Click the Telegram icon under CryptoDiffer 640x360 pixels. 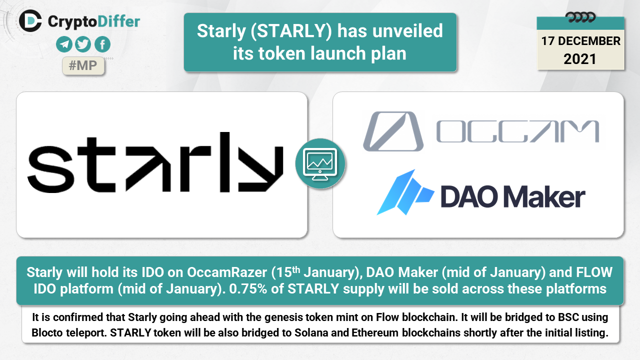(x=64, y=44)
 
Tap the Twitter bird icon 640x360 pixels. (x=83, y=44)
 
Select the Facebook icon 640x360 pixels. (x=102, y=44)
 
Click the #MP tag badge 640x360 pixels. (x=83, y=65)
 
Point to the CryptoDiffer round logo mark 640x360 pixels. (x=30, y=20)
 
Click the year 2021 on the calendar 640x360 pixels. (x=580, y=59)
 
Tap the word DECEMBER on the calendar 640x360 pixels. (x=589, y=41)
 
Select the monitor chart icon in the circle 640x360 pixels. (x=320, y=164)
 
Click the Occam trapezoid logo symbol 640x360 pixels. (x=393, y=131)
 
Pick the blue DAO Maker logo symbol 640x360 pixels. (x=405, y=192)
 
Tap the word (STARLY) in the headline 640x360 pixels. (x=291, y=31)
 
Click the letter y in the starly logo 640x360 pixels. (x=260, y=168)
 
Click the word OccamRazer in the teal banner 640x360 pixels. (x=227, y=272)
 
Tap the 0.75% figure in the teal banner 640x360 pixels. (x=248, y=289)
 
